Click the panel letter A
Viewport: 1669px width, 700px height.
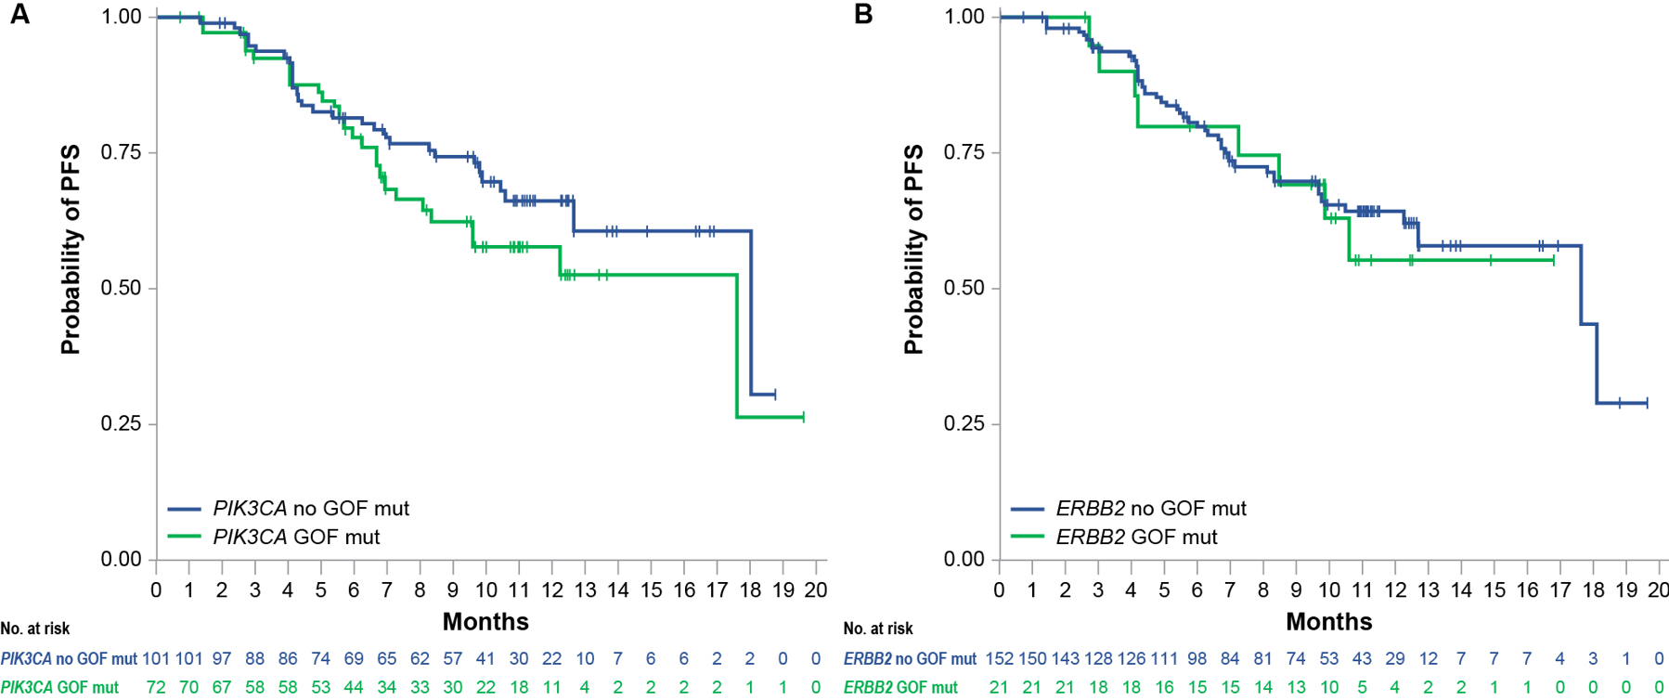coord(19,15)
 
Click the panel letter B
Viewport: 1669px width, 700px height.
coord(862,15)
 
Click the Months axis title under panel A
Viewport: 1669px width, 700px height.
coord(485,621)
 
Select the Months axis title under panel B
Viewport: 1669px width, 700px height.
coord(1328,621)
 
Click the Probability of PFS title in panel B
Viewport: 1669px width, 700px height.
coord(913,249)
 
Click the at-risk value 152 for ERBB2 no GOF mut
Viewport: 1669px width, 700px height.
coord(999,658)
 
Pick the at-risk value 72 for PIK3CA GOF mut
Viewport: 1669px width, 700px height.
coord(156,687)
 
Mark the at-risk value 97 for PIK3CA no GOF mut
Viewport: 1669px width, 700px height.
coord(222,658)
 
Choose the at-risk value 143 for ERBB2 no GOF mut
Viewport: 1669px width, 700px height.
coord(1065,658)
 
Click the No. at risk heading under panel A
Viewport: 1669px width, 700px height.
coord(35,629)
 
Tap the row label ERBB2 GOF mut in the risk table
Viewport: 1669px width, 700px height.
coord(900,687)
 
